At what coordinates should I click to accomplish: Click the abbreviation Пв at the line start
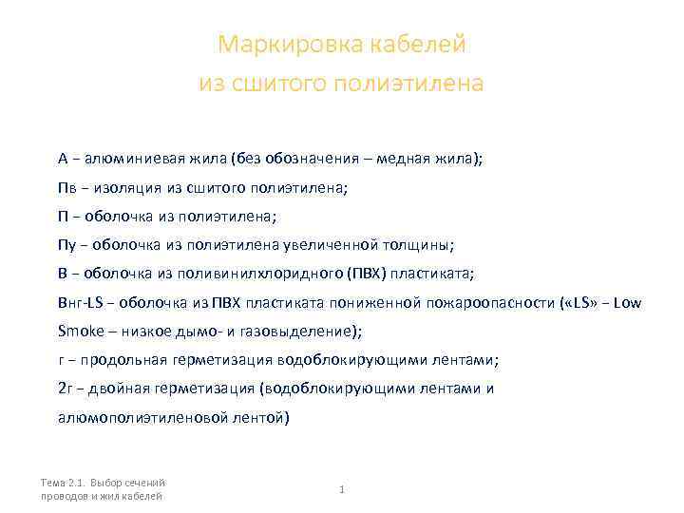point(66,188)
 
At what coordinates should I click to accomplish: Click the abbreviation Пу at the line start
point(66,245)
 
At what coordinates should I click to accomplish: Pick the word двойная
point(119,389)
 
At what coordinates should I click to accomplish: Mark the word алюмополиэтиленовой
point(135,417)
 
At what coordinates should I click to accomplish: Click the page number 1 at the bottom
point(341,489)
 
